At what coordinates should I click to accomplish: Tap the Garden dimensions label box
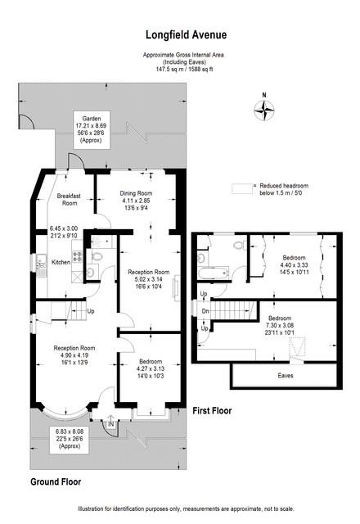click(92, 129)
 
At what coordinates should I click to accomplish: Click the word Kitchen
click(62, 262)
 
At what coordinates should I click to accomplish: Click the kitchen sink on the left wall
click(39, 263)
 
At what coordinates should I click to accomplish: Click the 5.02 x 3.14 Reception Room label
click(148, 280)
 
